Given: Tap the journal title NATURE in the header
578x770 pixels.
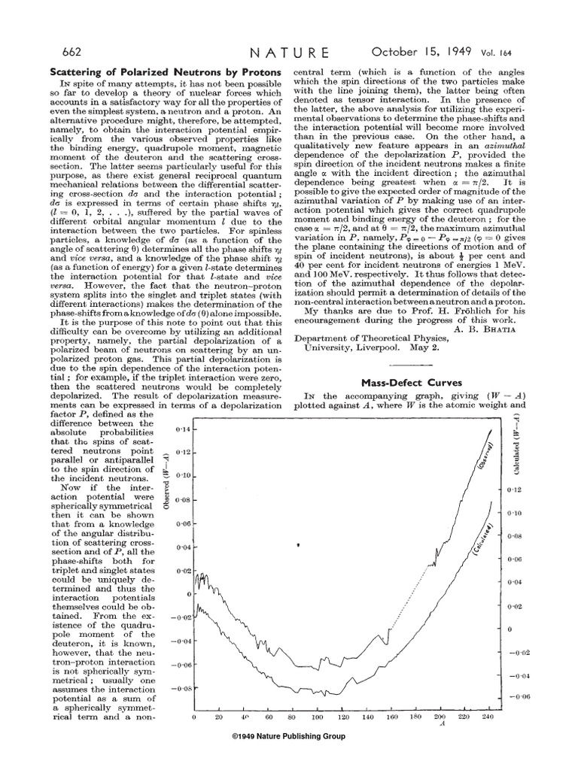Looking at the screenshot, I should click(x=289, y=52).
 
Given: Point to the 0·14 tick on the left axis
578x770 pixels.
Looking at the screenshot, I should click(x=183, y=428).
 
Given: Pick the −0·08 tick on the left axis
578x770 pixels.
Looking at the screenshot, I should click(x=181, y=688).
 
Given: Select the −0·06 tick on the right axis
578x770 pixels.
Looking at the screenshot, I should click(x=519, y=699).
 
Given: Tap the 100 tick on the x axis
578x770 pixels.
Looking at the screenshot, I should click(x=318, y=717).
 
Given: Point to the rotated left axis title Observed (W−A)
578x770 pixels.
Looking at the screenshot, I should click(x=165, y=482).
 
